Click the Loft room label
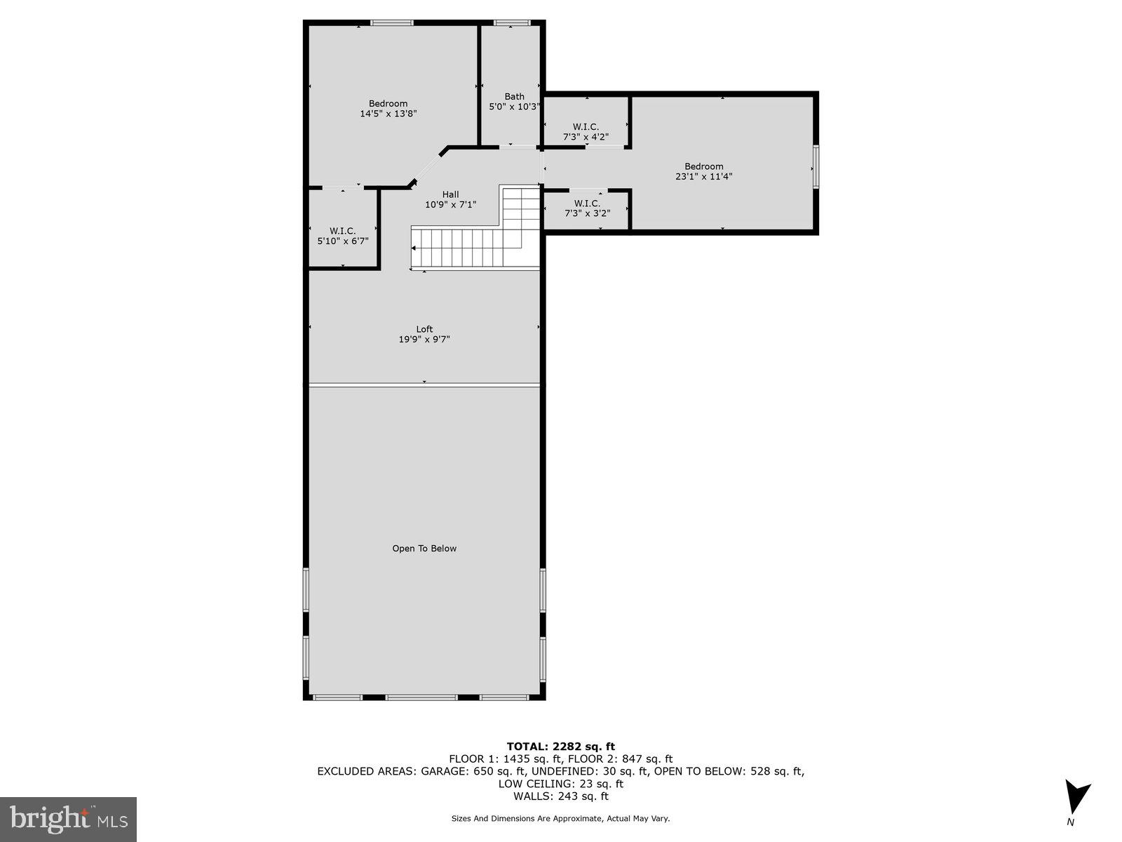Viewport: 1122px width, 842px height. [424, 329]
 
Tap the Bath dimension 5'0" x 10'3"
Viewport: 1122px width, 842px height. [514, 107]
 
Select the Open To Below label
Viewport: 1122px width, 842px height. [424, 549]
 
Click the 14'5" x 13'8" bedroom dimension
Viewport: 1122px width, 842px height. [388, 114]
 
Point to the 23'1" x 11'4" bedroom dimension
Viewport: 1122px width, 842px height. [704, 177]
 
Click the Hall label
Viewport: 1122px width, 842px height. [450, 194]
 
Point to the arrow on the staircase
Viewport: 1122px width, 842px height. [415, 248]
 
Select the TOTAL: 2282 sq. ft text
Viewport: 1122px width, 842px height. [560, 747]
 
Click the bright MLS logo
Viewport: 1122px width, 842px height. [68, 820]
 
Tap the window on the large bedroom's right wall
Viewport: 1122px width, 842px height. [816, 166]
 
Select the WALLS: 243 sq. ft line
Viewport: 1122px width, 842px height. [560, 796]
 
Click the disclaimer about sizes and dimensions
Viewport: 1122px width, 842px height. [560, 818]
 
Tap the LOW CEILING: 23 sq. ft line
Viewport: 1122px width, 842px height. [560, 784]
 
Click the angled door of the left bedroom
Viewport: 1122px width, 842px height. [425, 168]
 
